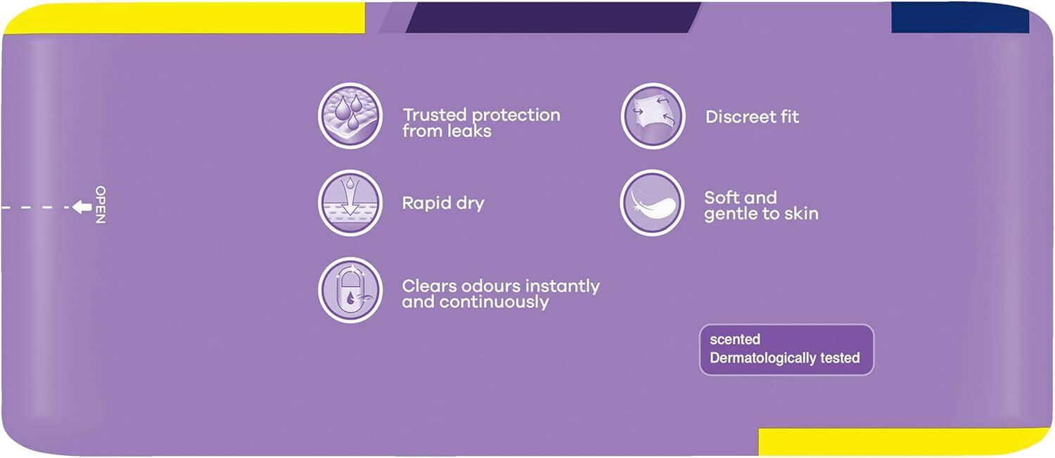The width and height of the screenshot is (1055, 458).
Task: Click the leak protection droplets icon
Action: pos(350,116)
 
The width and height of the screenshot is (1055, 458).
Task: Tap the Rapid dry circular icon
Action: pos(350,203)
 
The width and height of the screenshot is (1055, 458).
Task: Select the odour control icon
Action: pos(350,290)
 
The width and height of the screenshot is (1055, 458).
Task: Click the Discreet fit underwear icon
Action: pos(653,116)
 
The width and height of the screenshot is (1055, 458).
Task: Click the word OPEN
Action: pos(101,205)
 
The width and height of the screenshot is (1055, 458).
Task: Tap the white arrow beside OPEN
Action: pos(82,207)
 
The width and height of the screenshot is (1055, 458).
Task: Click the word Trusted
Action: pos(435,115)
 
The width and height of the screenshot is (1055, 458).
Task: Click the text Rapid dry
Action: pos(442,203)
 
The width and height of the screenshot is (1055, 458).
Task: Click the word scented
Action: pos(735,339)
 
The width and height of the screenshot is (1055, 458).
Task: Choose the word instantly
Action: pos(563,286)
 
